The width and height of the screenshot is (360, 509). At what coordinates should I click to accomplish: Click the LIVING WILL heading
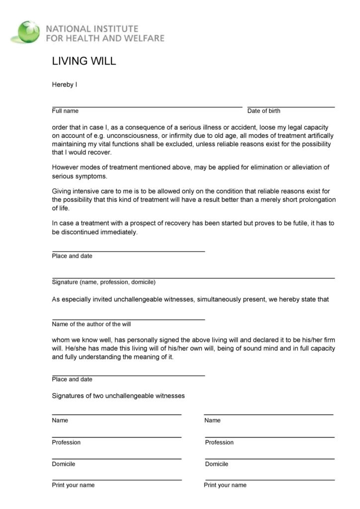(84, 61)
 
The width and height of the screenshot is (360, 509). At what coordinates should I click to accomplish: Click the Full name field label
(65, 111)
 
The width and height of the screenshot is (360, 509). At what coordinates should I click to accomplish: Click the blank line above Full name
(147, 106)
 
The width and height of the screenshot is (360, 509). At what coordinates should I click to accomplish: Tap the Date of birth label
(264, 111)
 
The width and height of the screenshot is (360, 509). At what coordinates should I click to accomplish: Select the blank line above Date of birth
(291, 106)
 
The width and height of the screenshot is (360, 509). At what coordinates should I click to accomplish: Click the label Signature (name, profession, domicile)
(104, 282)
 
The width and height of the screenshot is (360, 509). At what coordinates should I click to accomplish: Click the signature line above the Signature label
(193, 277)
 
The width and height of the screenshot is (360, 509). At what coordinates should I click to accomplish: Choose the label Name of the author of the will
(91, 324)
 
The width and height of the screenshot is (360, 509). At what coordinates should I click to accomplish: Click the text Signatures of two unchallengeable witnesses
(118, 396)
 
